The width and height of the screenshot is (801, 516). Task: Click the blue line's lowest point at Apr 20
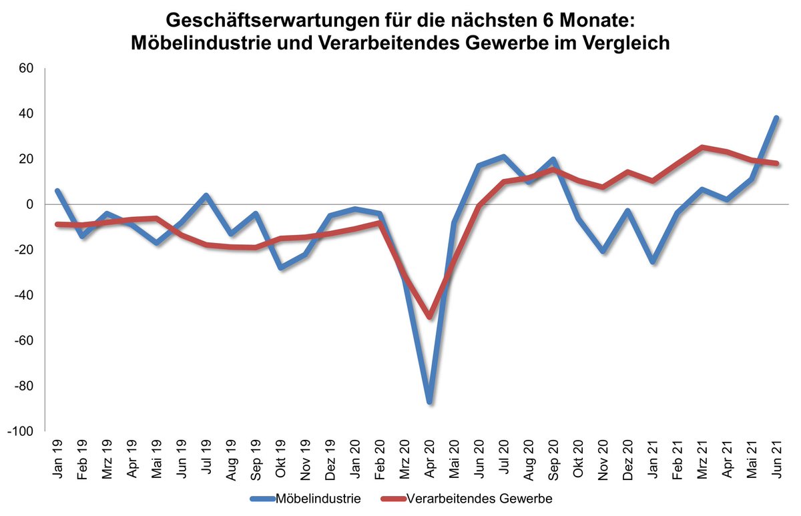[x=429, y=403]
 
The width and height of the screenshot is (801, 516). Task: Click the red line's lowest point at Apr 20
[x=429, y=316]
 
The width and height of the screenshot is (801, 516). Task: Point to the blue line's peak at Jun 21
[x=776, y=117]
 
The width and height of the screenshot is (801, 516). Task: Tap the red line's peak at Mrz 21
[x=702, y=148]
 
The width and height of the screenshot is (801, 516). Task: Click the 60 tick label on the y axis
[x=25, y=68]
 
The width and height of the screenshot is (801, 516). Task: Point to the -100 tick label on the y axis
[x=20, y=431]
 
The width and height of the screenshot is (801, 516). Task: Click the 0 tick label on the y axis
[x=29, y=204]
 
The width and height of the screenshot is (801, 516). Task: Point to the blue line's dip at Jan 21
[x=652, y=262]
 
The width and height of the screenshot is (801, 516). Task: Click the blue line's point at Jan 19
[x=58, y=191]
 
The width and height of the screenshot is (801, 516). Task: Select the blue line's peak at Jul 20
[x=504, y=157]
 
